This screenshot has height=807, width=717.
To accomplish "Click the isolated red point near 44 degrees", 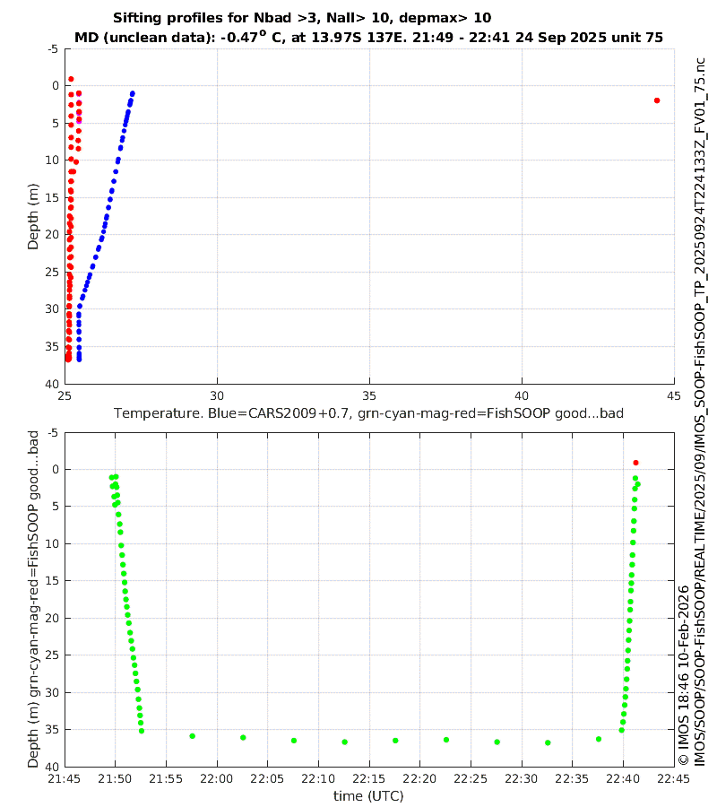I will (657, 100).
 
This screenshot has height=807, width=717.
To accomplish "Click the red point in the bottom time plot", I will (635, 463).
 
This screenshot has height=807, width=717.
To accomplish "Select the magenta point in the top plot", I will (79, 120).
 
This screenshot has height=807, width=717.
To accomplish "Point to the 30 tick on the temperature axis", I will (216, 395).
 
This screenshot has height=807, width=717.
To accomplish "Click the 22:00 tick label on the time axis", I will (216, 778).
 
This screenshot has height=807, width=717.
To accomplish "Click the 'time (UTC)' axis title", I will (368, 795).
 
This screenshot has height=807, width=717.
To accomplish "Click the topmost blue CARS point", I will (133, 93).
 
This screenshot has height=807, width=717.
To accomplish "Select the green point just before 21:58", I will (192, 736).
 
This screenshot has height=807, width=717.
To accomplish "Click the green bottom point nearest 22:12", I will (344, 742).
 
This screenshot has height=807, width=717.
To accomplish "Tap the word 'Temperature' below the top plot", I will (153, 413).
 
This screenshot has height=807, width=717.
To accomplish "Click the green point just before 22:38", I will (599, 739).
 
